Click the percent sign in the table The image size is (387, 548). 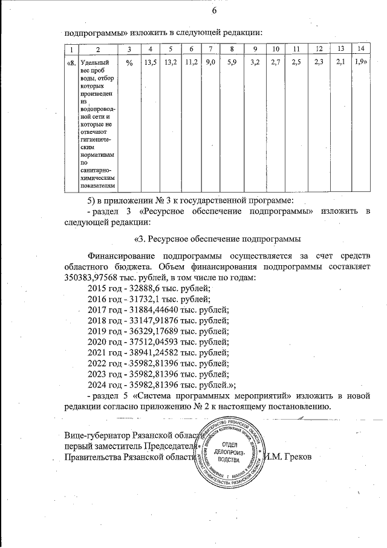(x=129, y=62)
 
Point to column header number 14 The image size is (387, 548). (x=360, y=48)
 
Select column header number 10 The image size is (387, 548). (x=276, y=48)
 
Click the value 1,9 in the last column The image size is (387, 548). (x=361, y=62)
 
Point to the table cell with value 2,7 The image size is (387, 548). (x=276, y=62)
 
